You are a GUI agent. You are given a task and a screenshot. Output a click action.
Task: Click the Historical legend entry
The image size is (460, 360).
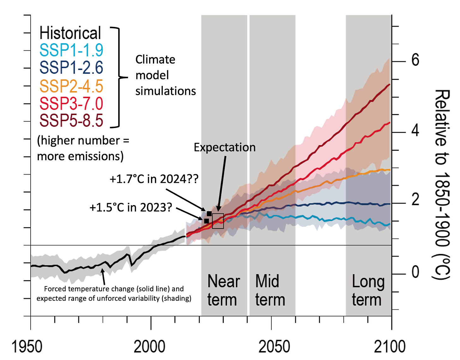(x=70, y=33)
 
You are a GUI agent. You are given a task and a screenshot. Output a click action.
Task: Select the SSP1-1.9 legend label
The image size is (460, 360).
(x=71, y=50)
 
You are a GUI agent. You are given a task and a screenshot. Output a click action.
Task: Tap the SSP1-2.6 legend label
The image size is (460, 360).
(x=71, y=68)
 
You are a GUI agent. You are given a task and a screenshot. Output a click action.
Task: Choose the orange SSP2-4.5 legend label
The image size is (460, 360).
(x=71, y=86)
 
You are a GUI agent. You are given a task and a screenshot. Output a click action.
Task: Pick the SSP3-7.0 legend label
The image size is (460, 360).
(x=71, y=103)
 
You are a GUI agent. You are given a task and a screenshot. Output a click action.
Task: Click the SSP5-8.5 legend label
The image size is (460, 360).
(x=71, y=120)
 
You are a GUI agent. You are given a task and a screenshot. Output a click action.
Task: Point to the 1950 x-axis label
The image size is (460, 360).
(x=27, y=346)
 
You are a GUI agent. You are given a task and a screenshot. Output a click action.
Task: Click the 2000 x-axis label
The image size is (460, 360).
(x=149, y=346)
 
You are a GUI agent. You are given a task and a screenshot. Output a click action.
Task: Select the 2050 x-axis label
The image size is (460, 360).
(x=274, y=346)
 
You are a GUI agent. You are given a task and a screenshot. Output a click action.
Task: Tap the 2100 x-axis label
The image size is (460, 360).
(x=390, y=346)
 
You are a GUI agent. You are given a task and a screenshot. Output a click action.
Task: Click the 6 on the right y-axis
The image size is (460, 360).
(x=415, y=60)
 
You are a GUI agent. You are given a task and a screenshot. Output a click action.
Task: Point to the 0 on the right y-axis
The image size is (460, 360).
(x=415, y=272)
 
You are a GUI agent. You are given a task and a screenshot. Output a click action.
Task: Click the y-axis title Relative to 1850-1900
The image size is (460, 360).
(x=442, y=185)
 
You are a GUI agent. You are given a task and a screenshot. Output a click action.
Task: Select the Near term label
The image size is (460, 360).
(x=223, y=290)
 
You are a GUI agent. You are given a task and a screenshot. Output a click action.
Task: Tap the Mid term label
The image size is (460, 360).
(x=270, y=290)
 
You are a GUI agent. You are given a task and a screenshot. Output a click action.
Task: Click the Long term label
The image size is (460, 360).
(x=368, y=290)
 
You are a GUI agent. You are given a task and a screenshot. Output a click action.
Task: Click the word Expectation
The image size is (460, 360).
(x=224, y=147)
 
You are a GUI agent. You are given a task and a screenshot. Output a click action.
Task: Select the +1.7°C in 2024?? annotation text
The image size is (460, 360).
(x=154, y=179)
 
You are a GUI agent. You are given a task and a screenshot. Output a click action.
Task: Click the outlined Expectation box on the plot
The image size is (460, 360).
(x=218, y=221)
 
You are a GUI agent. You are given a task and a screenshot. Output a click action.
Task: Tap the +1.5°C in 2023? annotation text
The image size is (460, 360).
(x=131, y=208)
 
